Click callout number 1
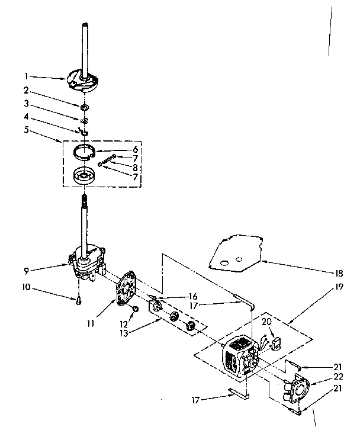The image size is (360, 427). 26,76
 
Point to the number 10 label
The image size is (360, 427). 26,290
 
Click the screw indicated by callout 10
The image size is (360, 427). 78,303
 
